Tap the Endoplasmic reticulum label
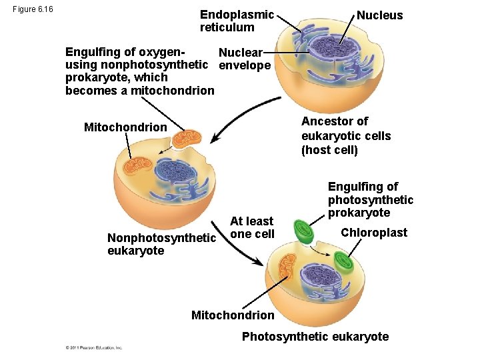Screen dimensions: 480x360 (237, 21)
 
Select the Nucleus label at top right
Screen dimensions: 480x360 (379, 15)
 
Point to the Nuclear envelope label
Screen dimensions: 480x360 (244, 59)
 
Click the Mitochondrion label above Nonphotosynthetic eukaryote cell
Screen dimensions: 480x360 (125, 127)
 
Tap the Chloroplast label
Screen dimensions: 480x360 (373, 233)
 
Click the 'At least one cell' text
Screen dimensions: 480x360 (251, 227)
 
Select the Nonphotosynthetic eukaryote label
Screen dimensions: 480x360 (161, 244)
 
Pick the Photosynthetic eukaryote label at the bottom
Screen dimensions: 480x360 (315, 337)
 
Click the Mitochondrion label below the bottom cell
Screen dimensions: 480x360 (232, 315)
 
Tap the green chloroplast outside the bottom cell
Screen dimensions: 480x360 (305, 231)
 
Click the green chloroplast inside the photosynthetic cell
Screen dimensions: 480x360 (345, 262)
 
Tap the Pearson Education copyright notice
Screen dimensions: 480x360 (94, 348)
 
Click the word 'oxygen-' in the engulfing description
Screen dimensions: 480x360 (163, 52)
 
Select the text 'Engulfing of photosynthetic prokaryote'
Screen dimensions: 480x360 (370, 199)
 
